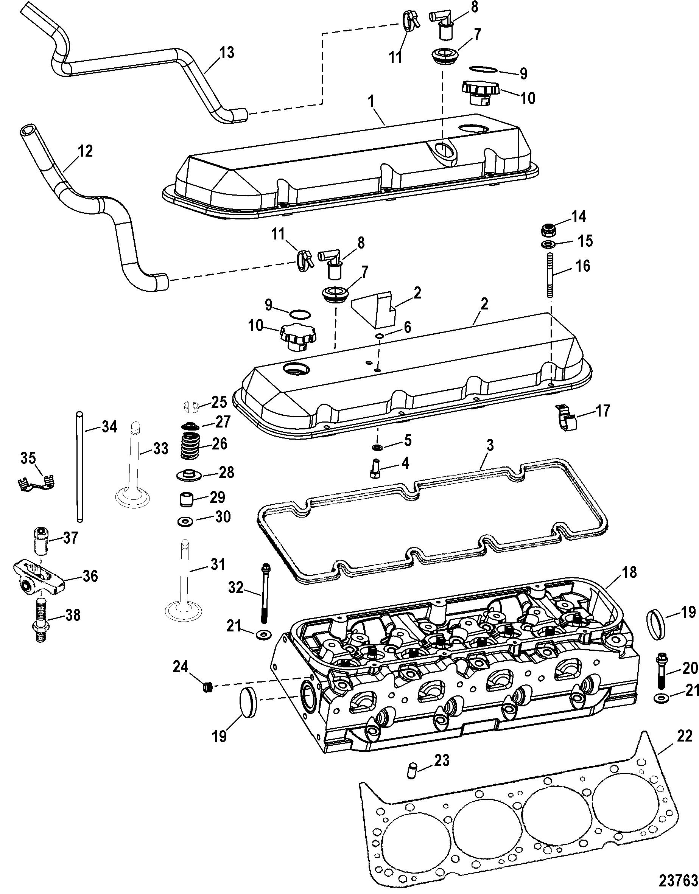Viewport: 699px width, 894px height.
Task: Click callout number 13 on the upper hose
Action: pos(226,53)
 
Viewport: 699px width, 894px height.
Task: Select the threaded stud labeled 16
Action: pos(550,276)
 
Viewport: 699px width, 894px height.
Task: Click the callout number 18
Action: pos(629,572)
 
